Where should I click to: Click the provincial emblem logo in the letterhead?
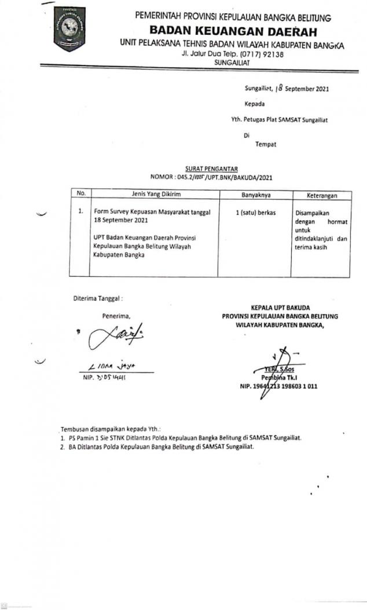[x=69, y=29]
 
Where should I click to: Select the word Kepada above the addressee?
[x=255, y=104]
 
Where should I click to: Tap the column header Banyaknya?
[x=255, y=195]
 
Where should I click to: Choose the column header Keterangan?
[x=316, y=196]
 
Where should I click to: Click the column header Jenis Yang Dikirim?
[x=153, y=195]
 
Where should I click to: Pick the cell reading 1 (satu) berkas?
[x=256, y=213]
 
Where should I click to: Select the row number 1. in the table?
[x=82, y=212]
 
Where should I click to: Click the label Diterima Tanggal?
[x=98, y=299]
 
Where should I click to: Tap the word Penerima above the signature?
[x=116, y=316]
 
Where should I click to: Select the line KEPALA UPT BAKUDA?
[x=280, y=307]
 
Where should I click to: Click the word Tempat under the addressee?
[x=266, y=144]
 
